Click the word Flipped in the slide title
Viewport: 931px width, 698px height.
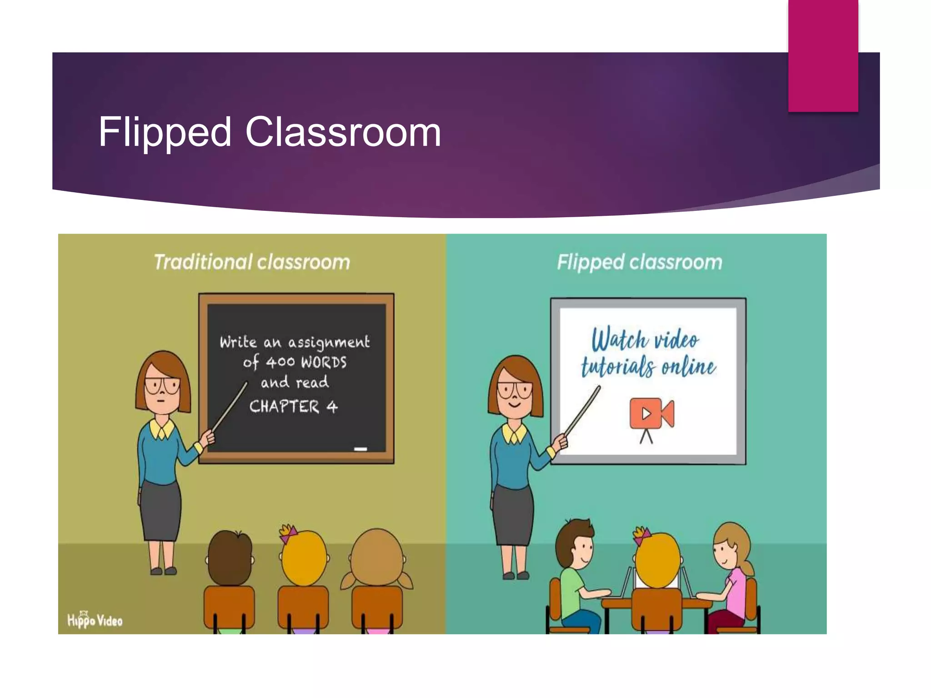tap(165, 132)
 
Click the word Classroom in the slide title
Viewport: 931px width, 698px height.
tap(343, 132)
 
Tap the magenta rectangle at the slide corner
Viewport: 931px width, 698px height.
tap(823, 55)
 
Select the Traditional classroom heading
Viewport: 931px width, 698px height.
tap(252, 262)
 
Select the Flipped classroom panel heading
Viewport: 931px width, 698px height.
tap(640, 262)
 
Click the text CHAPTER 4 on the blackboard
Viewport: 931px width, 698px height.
tap(293, 406)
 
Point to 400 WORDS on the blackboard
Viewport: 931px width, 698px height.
tap(306, 362)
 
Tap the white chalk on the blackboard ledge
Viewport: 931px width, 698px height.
tap(360, 449)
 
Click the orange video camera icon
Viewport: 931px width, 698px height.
tap(651, 414)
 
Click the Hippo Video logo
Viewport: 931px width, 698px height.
tap(95, 619)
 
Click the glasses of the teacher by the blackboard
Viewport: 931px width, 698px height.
tap(162, 386)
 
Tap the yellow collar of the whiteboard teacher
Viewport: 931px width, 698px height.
tap(514, 434)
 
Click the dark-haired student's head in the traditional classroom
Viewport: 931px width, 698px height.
tap(230, 557)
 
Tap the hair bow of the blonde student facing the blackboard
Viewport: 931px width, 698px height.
tap(288, 533)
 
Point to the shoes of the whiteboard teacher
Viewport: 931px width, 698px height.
tap(516, 576)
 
